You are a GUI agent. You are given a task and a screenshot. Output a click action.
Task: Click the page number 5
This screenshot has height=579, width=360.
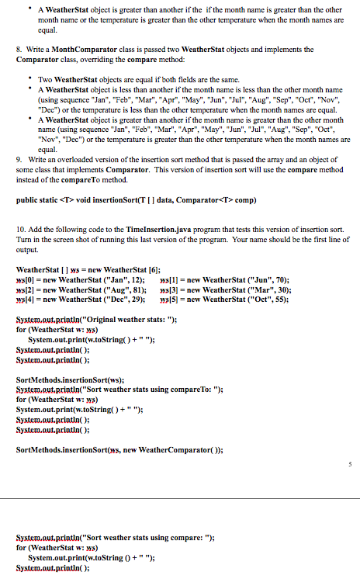pos(351,465)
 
